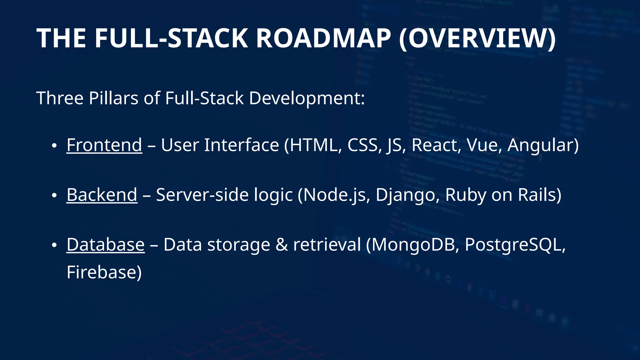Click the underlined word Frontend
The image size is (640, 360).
104,145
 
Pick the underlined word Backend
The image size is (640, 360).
102,195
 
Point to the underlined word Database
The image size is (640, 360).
106,244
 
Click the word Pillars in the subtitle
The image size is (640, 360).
113,98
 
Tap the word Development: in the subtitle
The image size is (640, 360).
307,98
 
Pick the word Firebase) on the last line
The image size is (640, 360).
104,272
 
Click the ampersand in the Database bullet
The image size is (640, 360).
282,244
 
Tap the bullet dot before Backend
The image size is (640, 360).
54,196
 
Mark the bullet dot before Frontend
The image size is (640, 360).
54,146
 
